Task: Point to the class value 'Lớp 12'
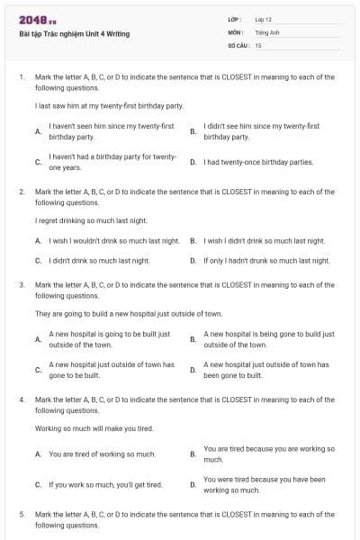[263, 19]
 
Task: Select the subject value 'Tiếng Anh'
[266, 31]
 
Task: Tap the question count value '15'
[258, 44]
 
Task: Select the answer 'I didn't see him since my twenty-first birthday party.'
[261, 131]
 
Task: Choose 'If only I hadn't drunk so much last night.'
[266, 261]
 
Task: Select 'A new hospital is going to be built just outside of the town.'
[109, 339]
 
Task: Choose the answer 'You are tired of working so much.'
[102, 454]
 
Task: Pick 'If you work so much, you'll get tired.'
[105, 485]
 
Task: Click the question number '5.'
[22, 513]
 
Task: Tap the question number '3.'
[22, 284]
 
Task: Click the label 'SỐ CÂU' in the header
[238, 44]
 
